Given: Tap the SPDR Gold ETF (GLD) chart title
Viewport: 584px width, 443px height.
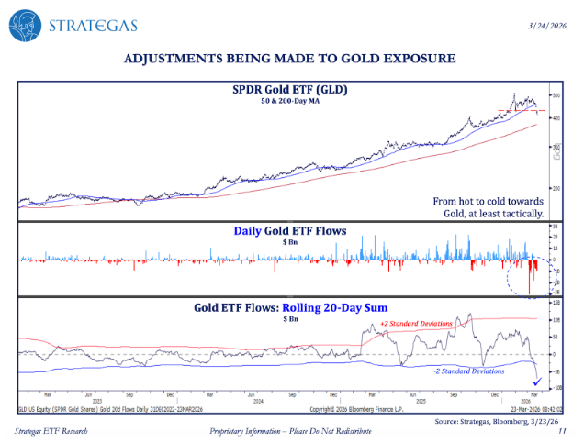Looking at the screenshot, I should (x=289, y=89).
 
